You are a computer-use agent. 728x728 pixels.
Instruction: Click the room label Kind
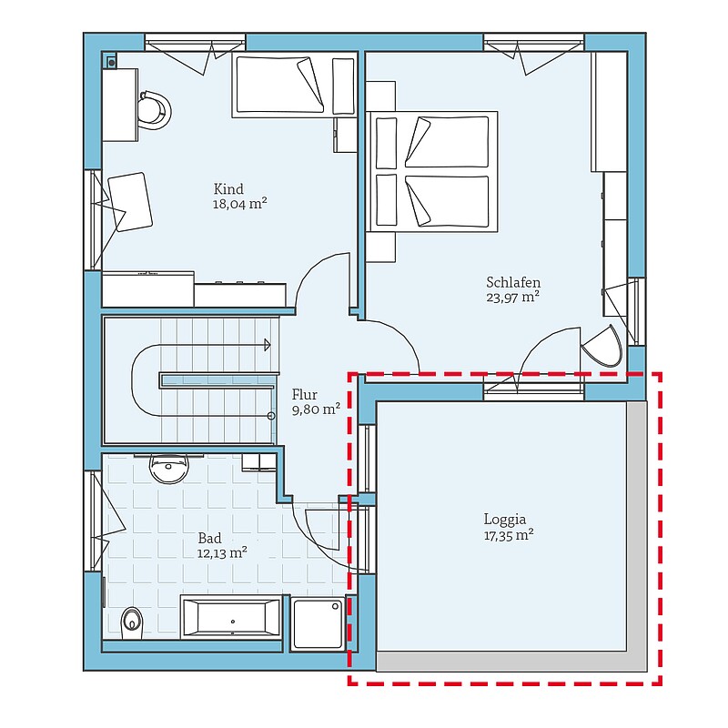tap(228, 189)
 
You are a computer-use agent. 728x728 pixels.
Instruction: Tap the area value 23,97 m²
tap(512, 298)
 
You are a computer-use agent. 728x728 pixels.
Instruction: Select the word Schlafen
tap(513, 282)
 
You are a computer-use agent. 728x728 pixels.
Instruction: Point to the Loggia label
tap(505, 520)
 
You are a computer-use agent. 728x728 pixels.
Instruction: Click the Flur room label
tap(305, 395)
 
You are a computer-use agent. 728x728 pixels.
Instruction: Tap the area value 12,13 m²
tap(222, 553)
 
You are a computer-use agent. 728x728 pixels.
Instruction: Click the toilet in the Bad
tap(131, 621)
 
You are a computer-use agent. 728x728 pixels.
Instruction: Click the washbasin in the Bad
tap(169, 468)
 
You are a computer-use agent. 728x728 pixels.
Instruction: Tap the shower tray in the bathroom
tap(318, 623)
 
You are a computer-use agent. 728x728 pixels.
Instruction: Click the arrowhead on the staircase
tap(268, 345)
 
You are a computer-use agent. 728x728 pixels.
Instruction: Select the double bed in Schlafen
tap(432, 171)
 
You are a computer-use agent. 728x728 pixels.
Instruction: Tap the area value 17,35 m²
tap(509, 535)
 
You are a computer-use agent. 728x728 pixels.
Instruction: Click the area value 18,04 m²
tap(239, 204)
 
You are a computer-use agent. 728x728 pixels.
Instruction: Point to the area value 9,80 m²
tap(316, 409)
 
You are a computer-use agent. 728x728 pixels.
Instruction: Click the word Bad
tap(209, 539)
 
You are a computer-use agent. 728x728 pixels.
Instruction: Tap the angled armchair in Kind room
tap(130, 202)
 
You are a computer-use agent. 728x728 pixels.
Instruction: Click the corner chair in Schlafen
tap(602, 346)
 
